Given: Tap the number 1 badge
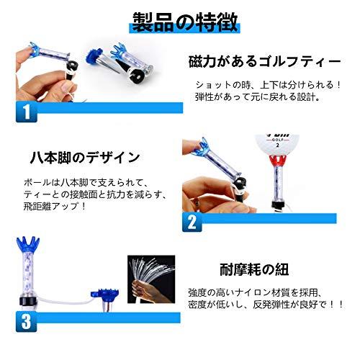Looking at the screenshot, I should coord(26,112).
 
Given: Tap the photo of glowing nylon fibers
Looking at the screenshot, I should coord(150,284).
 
